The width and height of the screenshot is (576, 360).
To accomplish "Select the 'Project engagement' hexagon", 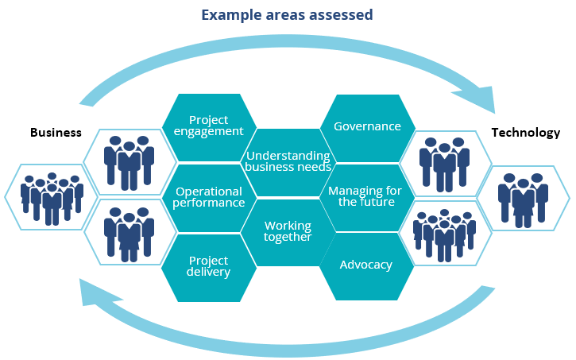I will tap(209, 126).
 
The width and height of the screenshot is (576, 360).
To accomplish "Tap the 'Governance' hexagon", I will tap(367, 126).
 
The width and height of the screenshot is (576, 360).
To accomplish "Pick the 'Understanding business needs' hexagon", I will tap(288, 161).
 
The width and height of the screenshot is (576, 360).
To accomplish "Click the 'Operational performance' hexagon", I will tap(209, 197).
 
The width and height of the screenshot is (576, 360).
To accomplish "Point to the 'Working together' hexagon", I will tap(288, 231).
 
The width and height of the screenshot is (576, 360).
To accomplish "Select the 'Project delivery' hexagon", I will tap(209, 266).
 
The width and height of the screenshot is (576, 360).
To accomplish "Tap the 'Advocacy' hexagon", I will tap(366, 265).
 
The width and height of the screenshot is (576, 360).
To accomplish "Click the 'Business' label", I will tap(56, 133).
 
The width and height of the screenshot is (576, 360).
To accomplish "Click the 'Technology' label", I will tap(525, 133).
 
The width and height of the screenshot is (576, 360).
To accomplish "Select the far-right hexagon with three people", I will tap(523, 197).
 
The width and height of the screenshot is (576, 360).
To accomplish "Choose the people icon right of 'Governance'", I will tap(444, 162).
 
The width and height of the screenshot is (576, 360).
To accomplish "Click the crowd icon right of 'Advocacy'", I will tap(444, 232).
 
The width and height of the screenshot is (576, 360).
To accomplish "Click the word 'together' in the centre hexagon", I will tap(288, 237).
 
